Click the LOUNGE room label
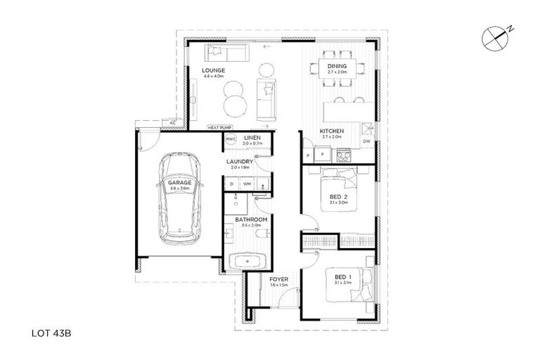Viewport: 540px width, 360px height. point(212,71)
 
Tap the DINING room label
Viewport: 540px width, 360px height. point(337,67)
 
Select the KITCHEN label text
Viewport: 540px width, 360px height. point(331,132)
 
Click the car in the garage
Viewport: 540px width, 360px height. point(181,198)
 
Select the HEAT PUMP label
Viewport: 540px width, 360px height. point(219,127)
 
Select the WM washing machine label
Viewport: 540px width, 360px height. point(247,184)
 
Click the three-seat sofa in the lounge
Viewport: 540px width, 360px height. point(226,53)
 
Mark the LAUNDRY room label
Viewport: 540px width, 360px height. point(240,162)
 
